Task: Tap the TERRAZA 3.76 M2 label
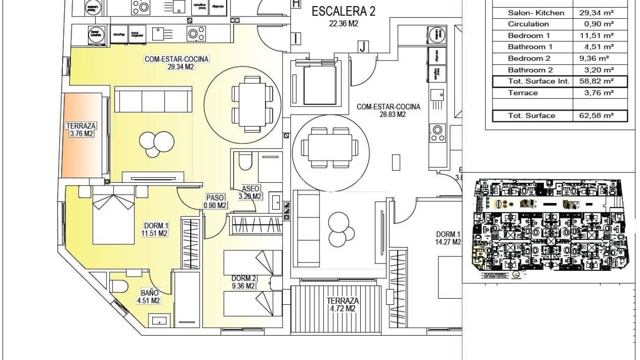pos(81,130)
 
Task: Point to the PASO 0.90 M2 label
pos(216,202)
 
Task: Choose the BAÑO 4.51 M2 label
pos(149,296)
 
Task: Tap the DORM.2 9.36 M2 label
pos(243,281)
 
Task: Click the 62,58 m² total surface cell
pos(596,116)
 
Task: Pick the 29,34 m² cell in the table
pos(596,13)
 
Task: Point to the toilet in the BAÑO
pos(119,286)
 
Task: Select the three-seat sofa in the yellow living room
pos(153,100)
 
